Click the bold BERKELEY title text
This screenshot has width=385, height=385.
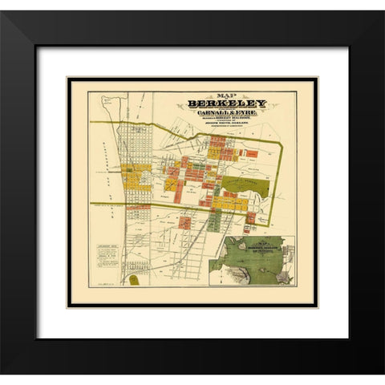[227, 104]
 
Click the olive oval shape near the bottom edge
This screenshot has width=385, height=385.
[135, 280]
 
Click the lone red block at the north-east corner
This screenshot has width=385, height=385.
[251, 153]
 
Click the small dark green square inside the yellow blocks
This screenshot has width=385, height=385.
[143, 168]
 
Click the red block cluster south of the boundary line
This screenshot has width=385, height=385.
[184, 221]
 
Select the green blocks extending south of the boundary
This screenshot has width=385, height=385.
[213, 220]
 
